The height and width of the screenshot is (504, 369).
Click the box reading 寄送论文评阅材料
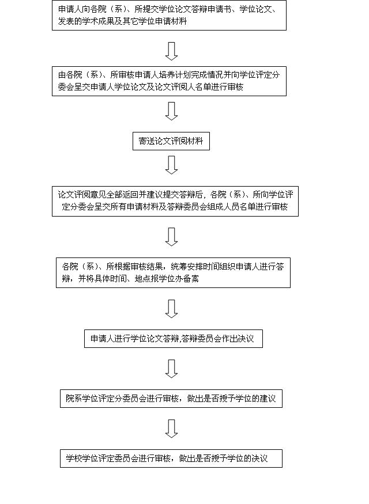point(171,141)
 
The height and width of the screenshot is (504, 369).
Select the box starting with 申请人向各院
point(171,16)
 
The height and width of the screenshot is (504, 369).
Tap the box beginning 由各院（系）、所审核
point(171,81)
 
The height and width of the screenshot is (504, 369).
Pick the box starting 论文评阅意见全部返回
point(175,201)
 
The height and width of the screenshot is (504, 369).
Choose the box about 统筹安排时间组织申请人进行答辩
point(173,272)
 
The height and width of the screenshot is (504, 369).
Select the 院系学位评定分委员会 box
point(171,399)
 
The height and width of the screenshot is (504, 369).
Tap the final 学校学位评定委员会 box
point(171,458)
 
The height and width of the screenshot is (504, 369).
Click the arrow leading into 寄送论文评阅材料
point(171,111)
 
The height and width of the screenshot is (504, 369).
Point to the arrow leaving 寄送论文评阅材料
point(171,165)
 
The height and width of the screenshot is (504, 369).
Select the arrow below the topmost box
point(171,51)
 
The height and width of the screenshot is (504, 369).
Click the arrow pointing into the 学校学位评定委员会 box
point(171,429)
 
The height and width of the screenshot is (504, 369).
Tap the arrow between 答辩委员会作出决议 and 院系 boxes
point(171,369)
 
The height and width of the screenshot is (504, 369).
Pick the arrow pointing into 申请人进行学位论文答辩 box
point(171,308)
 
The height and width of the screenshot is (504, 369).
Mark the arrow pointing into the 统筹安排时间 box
point(171,236)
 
